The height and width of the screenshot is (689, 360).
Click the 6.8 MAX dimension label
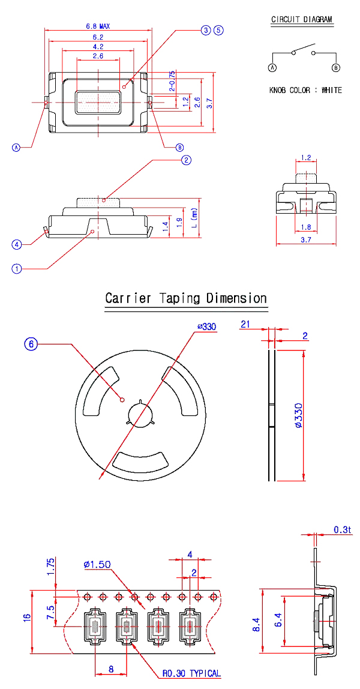(98, 26)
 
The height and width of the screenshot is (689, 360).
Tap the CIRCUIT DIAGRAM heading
(302, 20)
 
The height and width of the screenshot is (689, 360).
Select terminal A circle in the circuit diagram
(272, 68)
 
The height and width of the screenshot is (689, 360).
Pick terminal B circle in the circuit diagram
(335, 68)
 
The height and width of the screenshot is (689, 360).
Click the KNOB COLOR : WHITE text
(306, 90)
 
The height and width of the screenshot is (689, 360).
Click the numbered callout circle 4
(17, 244)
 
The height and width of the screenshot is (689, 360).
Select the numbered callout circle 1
(17, 269)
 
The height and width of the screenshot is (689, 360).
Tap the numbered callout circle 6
(32, 344)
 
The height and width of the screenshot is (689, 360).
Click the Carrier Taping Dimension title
(186, 298)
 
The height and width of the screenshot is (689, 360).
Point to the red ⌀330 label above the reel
(206, 326)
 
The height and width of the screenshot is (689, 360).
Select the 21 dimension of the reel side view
(245, 324)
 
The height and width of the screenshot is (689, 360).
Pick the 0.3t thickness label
(342, 530)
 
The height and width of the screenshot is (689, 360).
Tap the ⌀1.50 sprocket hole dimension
(98, 564)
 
